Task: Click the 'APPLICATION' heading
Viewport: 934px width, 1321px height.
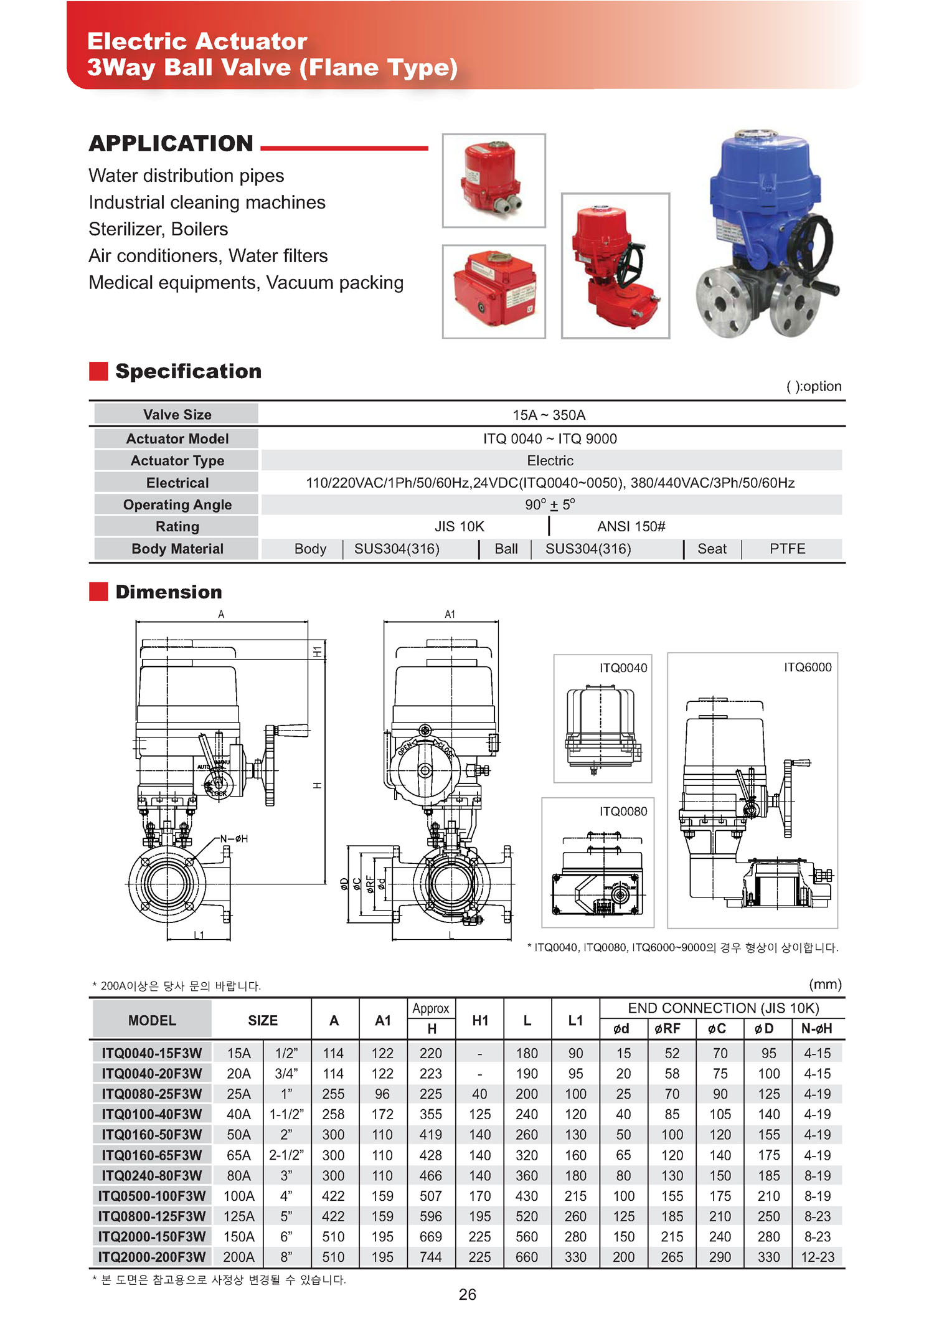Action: pos(171,143)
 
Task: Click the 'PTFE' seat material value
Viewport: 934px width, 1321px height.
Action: pos(787,549)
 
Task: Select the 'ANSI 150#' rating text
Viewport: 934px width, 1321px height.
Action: pos(631,526)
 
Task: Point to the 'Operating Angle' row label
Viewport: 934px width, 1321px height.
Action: pos(177,504)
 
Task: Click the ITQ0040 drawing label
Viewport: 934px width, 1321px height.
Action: pos(623,668)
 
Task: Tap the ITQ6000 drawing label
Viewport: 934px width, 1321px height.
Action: pos(808,667)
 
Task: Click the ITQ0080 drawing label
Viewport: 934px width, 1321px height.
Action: pos(623,811)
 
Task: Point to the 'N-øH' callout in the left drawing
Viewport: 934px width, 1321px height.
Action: pos(234,839)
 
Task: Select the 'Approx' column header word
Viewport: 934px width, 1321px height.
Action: pos(431,1008)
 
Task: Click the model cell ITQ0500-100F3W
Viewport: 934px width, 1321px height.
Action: pos(152,1196)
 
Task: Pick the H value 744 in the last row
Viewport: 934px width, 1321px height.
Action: pos(431,1257)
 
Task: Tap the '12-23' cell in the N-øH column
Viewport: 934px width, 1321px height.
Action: pos(818,1257)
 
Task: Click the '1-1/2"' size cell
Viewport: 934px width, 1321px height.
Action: pos(286,1114)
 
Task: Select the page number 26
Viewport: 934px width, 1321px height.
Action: pos(468,1294)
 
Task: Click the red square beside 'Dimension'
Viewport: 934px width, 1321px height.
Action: pos(98,592)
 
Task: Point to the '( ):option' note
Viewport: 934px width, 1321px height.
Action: pos(814,386)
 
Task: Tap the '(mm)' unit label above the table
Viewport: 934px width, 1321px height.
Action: pos(825,984)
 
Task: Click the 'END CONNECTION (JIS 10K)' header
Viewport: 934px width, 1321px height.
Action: pos(723,1008)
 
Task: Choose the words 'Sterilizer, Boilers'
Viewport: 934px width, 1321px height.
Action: pos(158,229)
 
